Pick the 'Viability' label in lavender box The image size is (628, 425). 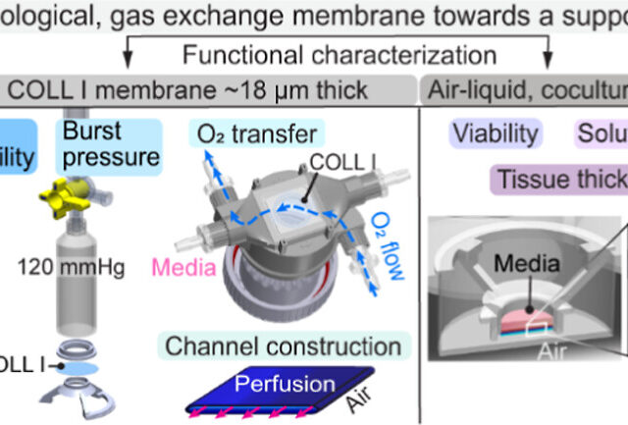[495, 133]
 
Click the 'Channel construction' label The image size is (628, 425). [283, 346]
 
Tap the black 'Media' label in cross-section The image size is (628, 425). [526, 262]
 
